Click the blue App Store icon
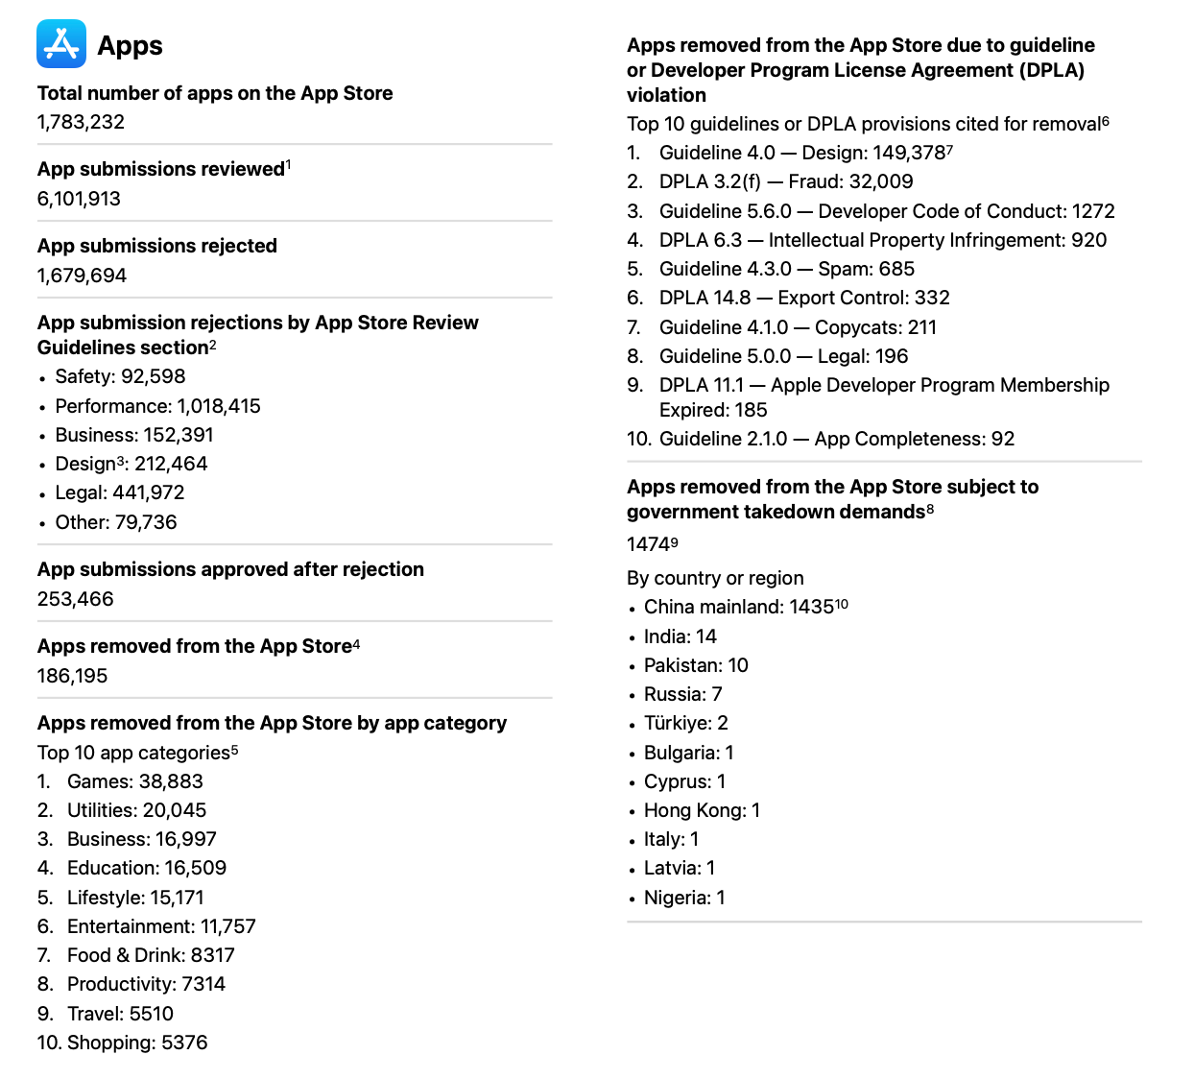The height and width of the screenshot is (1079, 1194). (x=61, y=44)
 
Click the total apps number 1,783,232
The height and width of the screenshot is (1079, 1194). (x=81, y=122)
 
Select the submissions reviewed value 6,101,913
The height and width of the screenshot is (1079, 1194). (x=79, y=199)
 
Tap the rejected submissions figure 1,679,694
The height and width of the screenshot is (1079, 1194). (x=82, y=276)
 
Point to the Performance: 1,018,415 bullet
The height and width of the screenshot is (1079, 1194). (x=157, y=406)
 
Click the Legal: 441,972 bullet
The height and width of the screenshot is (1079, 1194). (x=119, y=492)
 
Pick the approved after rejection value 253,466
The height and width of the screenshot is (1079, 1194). (x=75, y=599)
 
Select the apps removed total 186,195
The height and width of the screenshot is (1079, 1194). (x=72, y=676)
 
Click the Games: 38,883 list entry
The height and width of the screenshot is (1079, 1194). (x=134, y=781)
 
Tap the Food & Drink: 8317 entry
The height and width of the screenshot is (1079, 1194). (x=151, y=955)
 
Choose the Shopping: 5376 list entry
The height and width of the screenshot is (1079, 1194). (x=136, y=1043)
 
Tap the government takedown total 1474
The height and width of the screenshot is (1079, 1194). (x=650, y=544)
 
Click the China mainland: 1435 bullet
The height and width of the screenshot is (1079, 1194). (x=738, y=607)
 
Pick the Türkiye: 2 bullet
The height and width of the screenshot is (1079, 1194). (x=685, y=723)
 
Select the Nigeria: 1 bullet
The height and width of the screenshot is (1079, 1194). (x=683, y=898)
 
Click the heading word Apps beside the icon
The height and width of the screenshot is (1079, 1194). (x=130, y=45)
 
